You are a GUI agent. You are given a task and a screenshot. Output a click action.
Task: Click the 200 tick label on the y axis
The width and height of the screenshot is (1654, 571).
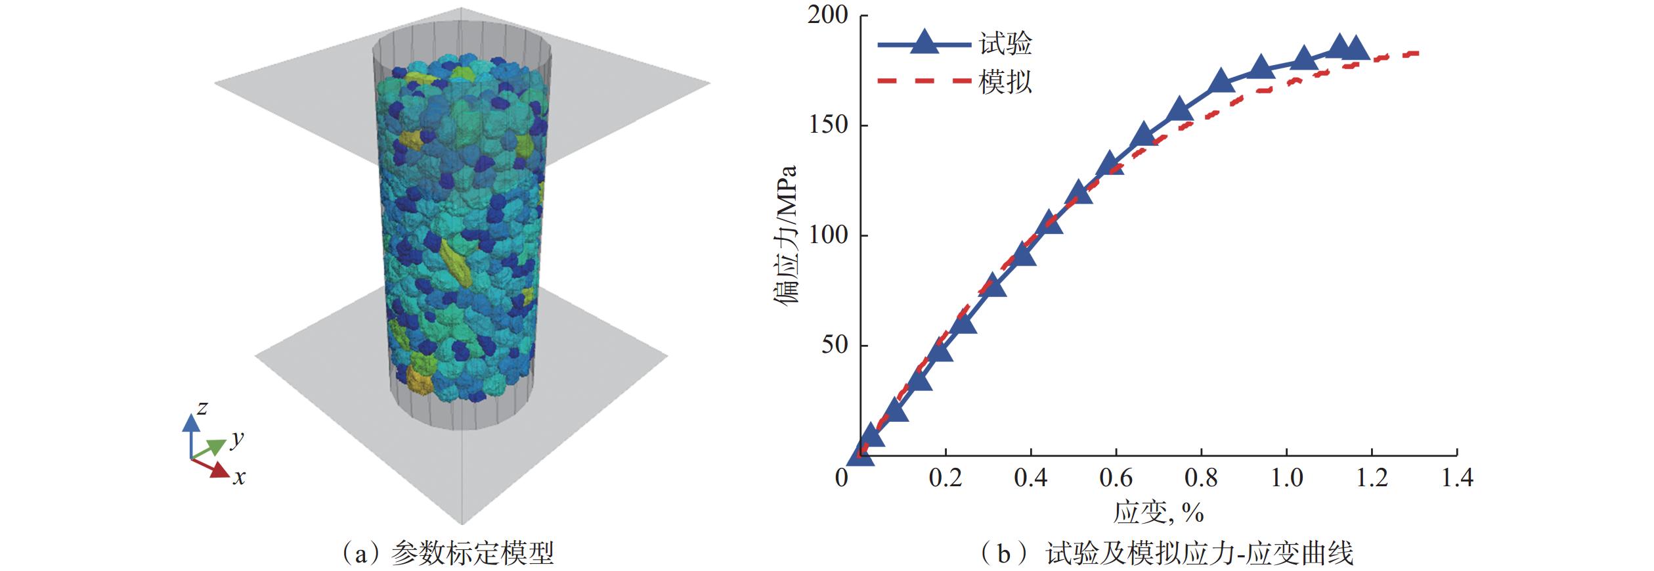(828, 15)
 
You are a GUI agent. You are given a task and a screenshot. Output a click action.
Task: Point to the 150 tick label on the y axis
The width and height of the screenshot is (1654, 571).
(828, 126)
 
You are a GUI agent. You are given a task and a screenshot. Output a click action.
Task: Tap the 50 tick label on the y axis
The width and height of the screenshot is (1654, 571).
(835, 345)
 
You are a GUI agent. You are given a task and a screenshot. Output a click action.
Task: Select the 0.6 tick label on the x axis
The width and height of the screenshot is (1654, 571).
(1116, 478)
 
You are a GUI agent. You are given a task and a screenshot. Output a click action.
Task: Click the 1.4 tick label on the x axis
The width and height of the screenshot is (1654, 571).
(1457, 478)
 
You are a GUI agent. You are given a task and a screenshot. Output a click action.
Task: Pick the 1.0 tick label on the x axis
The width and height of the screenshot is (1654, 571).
(1286, 478)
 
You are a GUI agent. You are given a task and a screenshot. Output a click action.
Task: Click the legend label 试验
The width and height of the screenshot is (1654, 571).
(1005, 44)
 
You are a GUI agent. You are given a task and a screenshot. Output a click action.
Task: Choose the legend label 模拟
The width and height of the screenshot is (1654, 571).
(1005, 81)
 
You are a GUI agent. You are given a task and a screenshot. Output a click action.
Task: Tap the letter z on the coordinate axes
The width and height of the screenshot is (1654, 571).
(202, 409)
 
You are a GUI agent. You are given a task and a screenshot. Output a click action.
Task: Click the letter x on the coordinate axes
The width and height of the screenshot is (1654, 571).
(239, 477)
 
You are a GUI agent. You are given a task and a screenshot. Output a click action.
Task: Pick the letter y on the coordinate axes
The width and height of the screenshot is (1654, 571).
(237, 438)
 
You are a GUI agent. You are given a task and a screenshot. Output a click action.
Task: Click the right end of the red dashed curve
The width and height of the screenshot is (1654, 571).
(1418, 53)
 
